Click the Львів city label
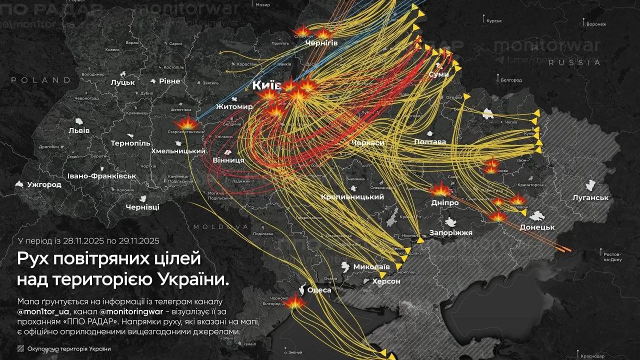coord(79,130)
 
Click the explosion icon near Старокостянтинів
coord(187,121)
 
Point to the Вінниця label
coord(228,160)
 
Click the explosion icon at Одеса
coord(295,301)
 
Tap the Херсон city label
coord(386,281)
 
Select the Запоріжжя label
coord(450,233)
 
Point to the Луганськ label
coord(590,197)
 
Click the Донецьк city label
coord(537,227)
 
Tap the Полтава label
coord(430,142)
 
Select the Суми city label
coord(438,74)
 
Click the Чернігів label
coord(321,43)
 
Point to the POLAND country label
coord(41,80)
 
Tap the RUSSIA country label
coord(574,63)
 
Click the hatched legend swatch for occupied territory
coord(20,349)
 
